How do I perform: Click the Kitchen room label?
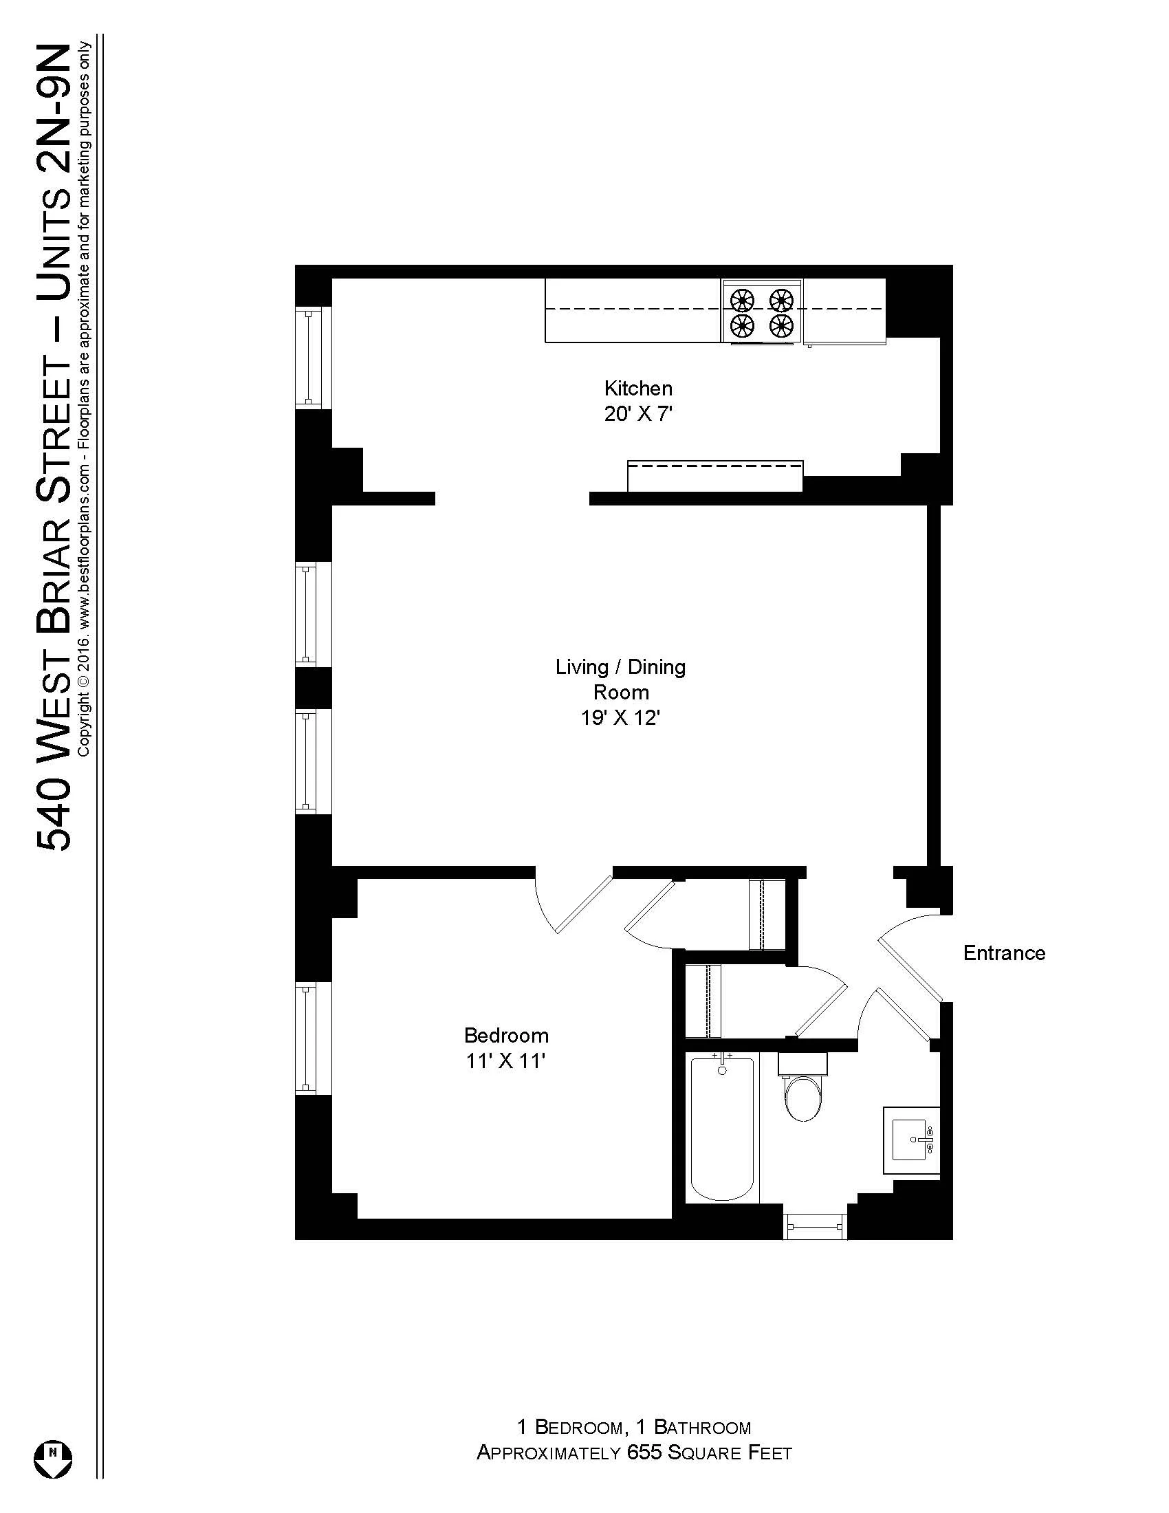point(638,388)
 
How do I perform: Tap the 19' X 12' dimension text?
point(620,719)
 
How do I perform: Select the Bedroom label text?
point(506,1035)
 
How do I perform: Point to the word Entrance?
point(1003,953)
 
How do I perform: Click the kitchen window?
point(309,358)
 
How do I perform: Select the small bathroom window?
point(815,1226)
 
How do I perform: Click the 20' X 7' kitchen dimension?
point(638,414)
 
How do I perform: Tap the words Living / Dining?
point(620,667)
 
